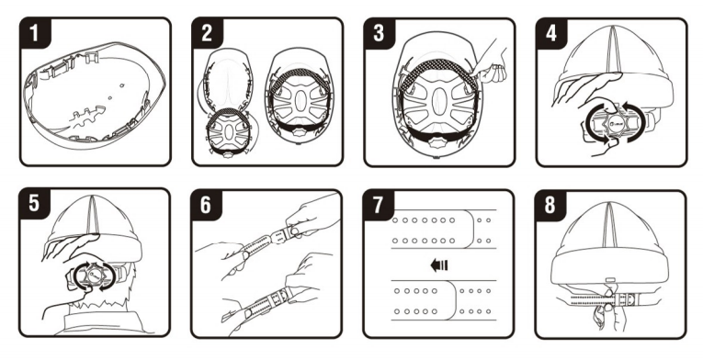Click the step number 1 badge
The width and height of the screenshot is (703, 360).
point(35,33)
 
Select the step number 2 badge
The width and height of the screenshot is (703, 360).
point(207,33)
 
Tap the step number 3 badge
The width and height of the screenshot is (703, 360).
point(380,33)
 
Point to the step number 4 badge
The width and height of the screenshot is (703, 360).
point(551,33)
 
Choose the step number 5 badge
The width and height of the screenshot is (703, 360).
point(35,204)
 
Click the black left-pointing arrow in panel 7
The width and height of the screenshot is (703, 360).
point(439,265)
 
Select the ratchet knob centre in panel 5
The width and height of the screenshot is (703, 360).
point(93,275)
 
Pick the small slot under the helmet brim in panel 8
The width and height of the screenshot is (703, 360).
point(610,280)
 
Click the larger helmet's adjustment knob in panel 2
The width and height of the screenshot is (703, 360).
point(298,132)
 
